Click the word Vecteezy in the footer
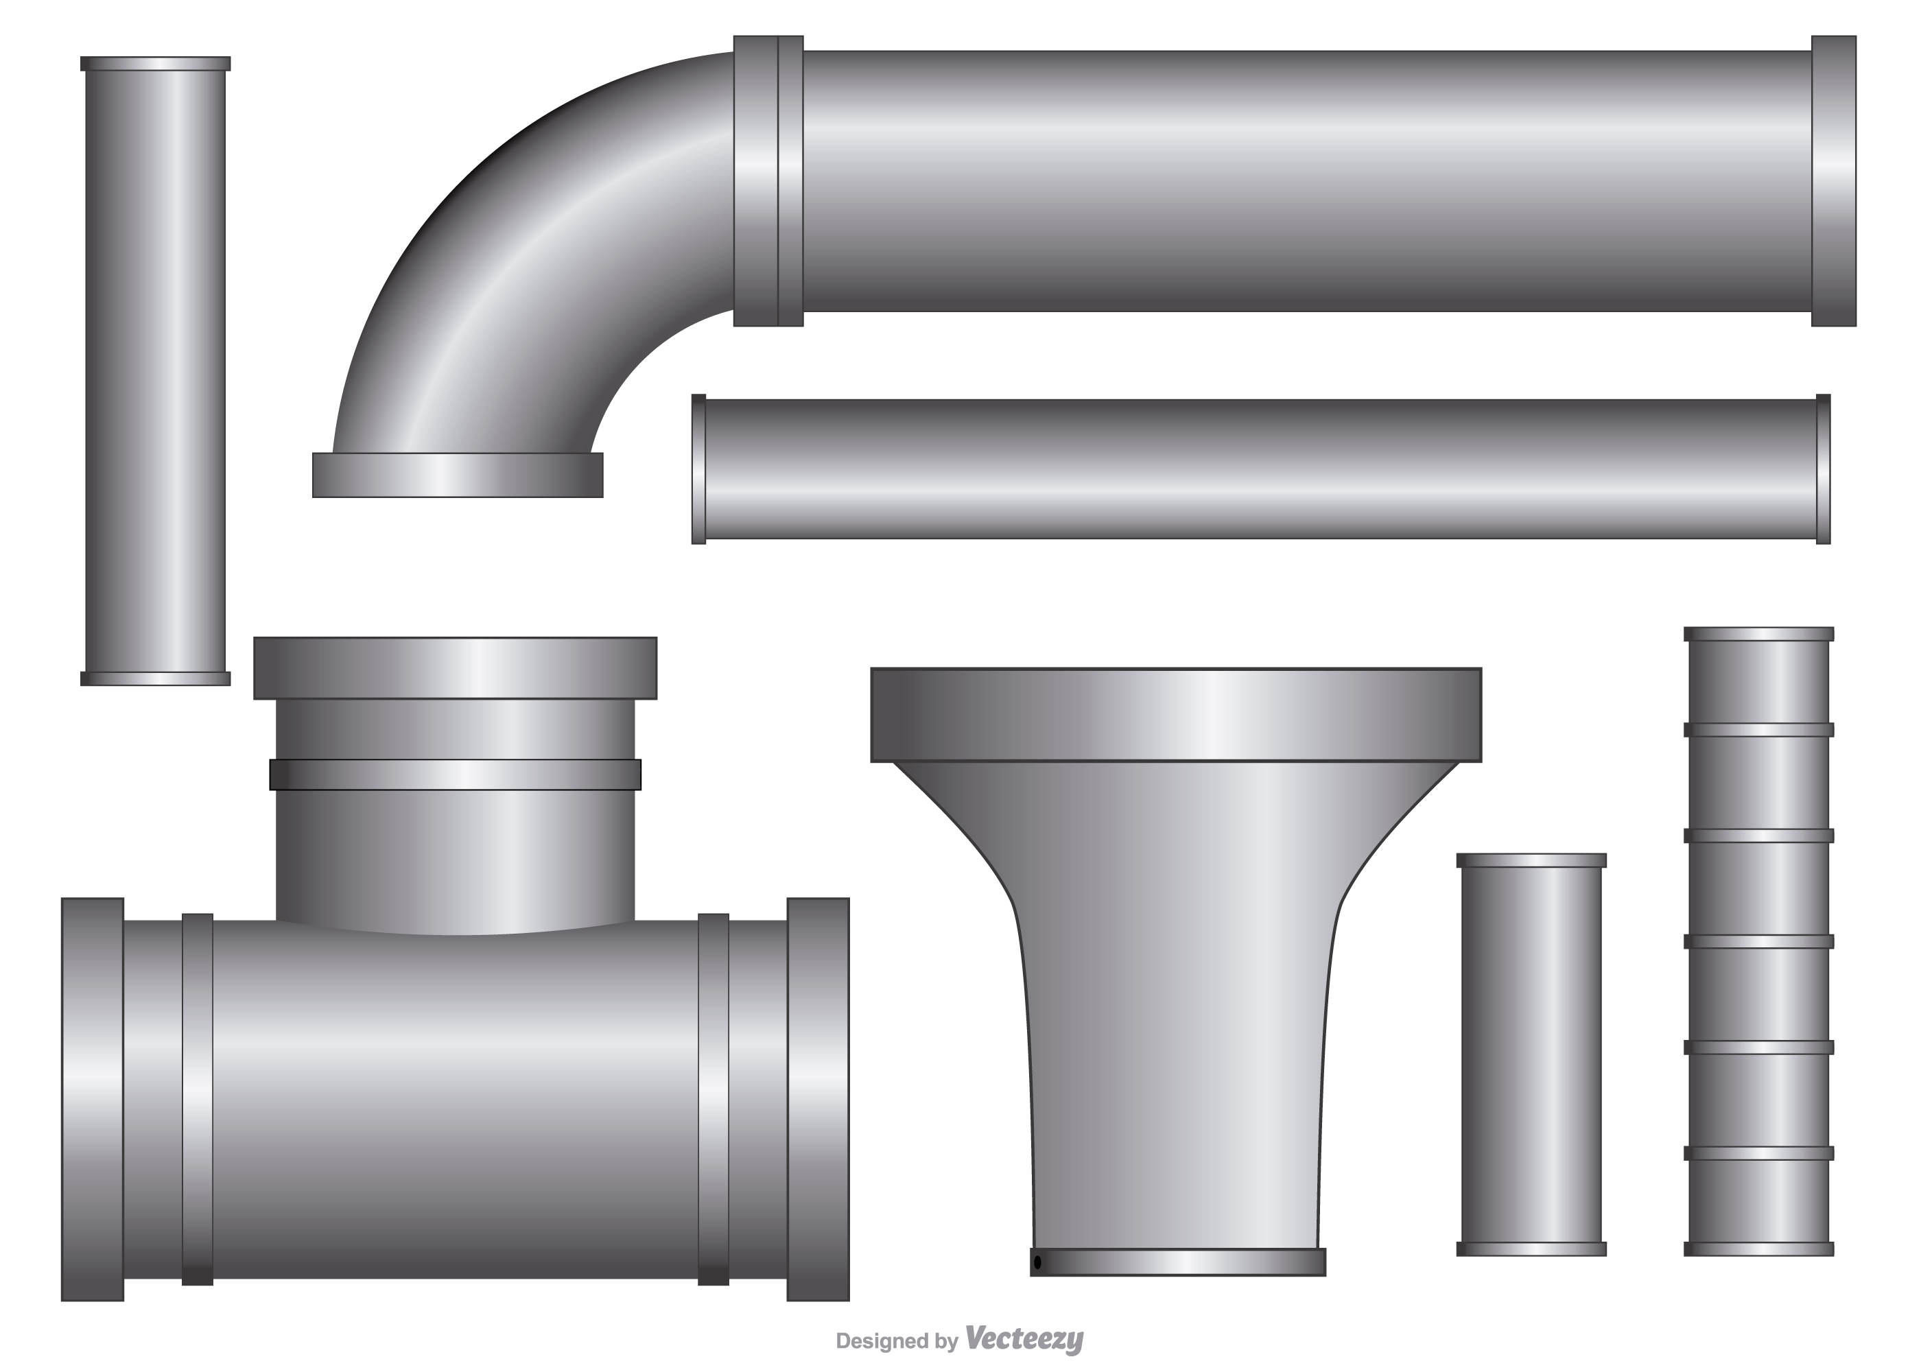pos(1023,1338)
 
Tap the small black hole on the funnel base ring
pos(1037,1262)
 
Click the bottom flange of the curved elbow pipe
pos(457,475)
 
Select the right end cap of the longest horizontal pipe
pos(1833,181)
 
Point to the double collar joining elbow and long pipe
pos(768,181)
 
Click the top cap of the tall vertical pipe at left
pos(156,63)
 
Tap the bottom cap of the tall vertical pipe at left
pos(156,678)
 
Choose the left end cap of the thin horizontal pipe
pos(698,469)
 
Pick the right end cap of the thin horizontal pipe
pos(1823,469)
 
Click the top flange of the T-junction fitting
pos(456,668)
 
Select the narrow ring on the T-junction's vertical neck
pos(456,774)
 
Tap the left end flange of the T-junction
pos(93,1099)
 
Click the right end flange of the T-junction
pos(818,1099)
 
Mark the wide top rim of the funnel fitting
pos(1176,715)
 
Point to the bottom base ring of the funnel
pos(1177,1262)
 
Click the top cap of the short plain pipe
pos(1531,861)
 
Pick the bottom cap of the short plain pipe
pos(1531,1249)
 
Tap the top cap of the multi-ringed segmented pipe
pos(1759,635)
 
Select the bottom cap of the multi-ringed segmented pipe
pos(1759,1249)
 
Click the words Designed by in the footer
pos(896,1340)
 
